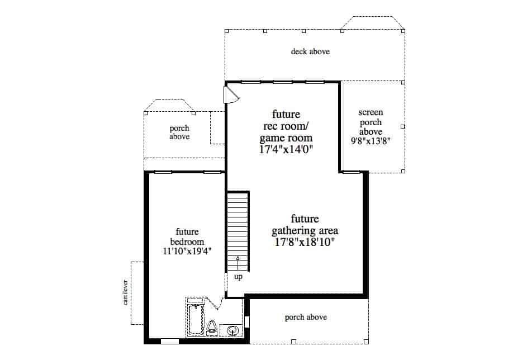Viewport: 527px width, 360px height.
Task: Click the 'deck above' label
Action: coord(310,52)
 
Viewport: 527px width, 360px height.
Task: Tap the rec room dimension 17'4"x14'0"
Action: coord(286,149)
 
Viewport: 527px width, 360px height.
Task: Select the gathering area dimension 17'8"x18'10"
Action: coord(305,242)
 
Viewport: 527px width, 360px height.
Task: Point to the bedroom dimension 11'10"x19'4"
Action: coord(187,252)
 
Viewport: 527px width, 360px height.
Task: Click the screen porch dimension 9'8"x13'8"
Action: coord(370,141)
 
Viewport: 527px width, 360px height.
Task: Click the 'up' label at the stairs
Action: coord(238,277)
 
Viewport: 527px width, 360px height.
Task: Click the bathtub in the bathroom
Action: coord(195,319)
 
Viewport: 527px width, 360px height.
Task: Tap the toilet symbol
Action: coord(212,328)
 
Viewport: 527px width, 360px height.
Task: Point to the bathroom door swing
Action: coord(217,305)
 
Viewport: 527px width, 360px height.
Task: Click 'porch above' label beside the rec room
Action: coord(179,132)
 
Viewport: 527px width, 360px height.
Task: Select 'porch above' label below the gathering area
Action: coord(306,318)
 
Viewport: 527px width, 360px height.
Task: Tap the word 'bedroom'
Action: coord(187,241)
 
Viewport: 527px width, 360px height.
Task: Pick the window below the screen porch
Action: coord(351,172)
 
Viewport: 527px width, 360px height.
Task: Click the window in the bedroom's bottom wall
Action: coord(169,340)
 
